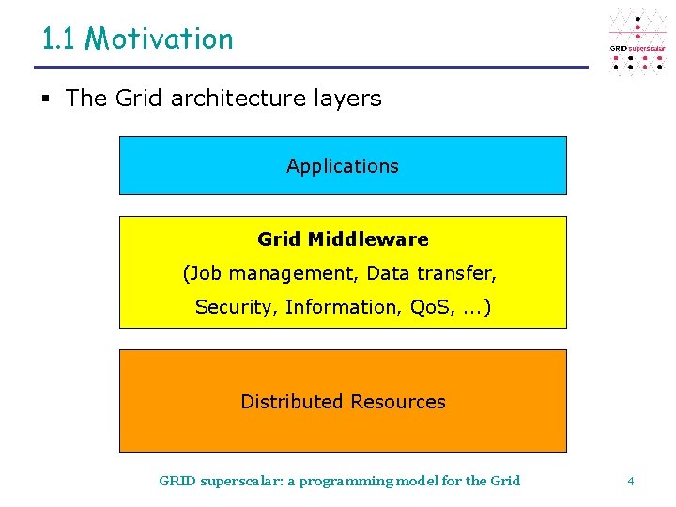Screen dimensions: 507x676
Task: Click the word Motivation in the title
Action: click(x=159, y=39)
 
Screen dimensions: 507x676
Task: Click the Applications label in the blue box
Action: click(x=343, y=166)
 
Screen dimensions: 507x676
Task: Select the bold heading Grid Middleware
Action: click(x=343, y=239)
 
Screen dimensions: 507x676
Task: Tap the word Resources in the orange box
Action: click(x=397, y=402)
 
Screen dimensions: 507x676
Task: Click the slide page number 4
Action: click(x=631, y=481)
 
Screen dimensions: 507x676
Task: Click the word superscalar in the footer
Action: click(x=240, y=481)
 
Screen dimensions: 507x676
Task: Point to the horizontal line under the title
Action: click(x=310, y=68)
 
